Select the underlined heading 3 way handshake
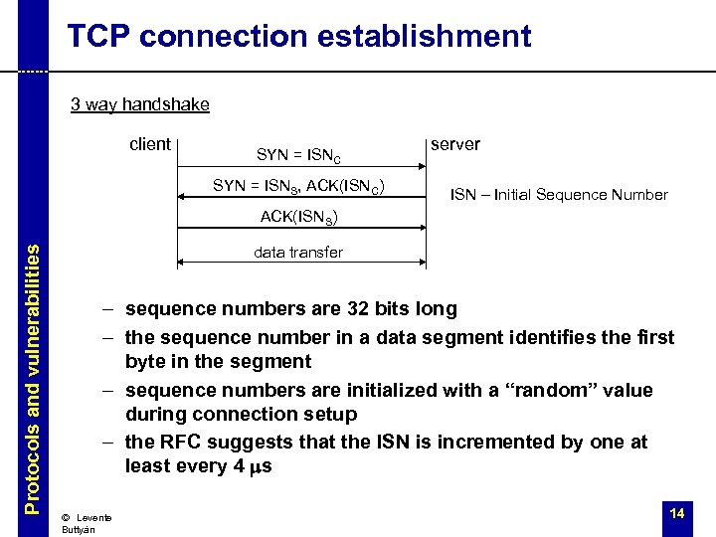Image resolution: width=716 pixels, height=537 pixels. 139,104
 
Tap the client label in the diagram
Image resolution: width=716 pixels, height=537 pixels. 150,144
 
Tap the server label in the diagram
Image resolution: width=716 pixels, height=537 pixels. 454,144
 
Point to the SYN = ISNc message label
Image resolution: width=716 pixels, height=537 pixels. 298,155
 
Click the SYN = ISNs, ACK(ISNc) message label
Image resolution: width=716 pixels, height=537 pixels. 298,186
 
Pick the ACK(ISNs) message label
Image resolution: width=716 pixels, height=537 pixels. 298,218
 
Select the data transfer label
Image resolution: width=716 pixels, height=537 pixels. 298,253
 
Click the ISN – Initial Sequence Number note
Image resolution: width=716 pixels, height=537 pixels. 559,195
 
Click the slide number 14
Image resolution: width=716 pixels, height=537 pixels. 677,513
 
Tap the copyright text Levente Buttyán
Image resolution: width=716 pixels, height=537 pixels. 86,523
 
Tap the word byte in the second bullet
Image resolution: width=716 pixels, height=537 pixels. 145,362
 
